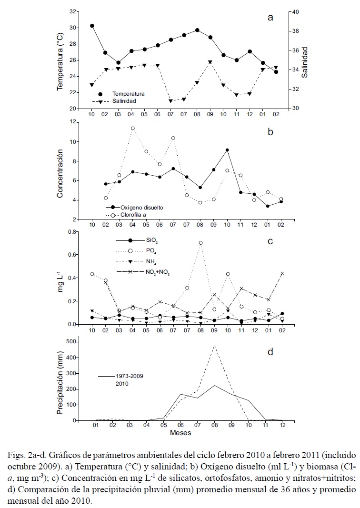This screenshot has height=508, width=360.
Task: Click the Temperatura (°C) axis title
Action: [61, 60]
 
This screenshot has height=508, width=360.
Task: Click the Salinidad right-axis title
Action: [305, 60]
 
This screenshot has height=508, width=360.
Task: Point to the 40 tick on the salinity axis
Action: [294, 11]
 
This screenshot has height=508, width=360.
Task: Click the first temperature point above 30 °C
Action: [92, 26]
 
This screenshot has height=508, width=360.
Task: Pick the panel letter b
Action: [270, 132]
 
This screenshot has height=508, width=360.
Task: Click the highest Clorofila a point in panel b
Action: [133, 129]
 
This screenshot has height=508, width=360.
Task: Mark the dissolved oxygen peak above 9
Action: [227, 150]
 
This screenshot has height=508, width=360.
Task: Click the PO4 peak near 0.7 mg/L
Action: [200, 243]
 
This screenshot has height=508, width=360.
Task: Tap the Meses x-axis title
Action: [181, 433]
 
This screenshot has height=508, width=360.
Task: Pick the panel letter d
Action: [270, 352]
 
